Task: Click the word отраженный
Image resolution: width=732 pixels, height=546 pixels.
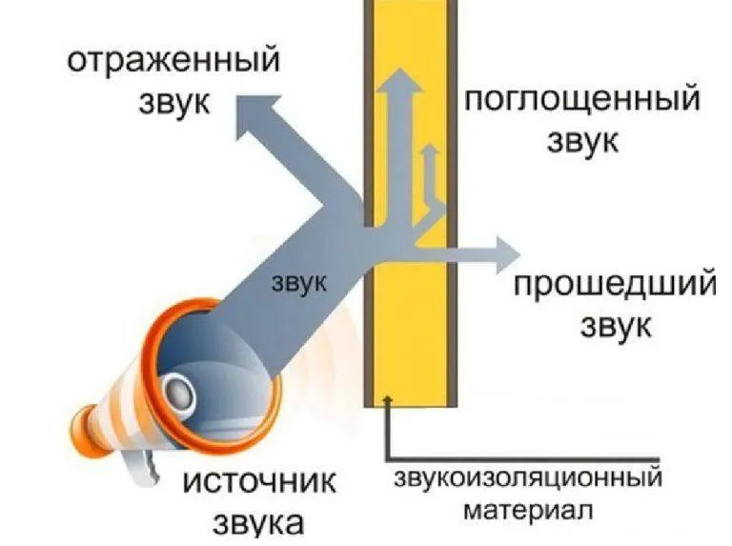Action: [x=173, y=62]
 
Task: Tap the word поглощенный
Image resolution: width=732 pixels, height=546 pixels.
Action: [x=582, y=100]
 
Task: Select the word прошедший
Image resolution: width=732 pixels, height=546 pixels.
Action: [x=615, y=286]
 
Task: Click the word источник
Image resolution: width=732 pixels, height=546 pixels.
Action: [x=259, y=480]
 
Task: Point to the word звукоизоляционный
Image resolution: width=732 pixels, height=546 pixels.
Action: [x=528, y=479]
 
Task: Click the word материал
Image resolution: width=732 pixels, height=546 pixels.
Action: [x=528, y=510]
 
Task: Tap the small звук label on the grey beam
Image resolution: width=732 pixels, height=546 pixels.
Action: [x=298, y=282]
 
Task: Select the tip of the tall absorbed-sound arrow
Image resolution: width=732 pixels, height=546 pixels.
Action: [x=400, y=69]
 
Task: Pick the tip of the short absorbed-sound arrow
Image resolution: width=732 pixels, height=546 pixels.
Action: [x=430, y=145]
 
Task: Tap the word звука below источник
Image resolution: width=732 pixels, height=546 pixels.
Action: [x=258, y=522]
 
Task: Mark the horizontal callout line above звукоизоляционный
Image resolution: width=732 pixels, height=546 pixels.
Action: [x=523, y=459]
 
